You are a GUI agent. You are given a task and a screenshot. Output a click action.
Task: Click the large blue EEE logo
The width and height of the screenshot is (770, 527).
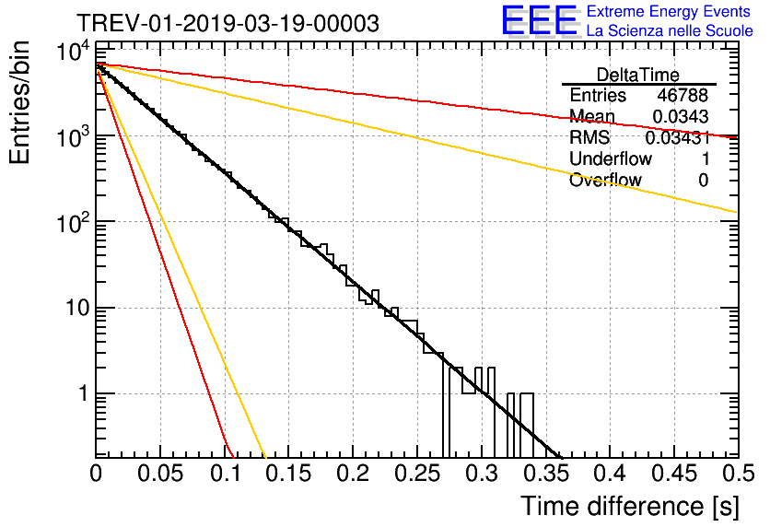pos(539,20)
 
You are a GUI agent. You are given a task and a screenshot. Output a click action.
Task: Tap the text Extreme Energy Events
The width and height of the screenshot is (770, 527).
pos(668,12)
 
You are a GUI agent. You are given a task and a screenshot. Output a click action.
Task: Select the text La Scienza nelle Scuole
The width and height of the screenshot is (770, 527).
pos(670,30)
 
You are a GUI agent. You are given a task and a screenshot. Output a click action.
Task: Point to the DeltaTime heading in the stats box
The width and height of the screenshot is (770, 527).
pos(638,75)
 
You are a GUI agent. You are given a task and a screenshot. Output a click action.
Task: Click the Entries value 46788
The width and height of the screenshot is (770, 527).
pos(682,95)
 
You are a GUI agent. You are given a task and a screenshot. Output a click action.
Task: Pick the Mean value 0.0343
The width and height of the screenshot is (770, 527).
pos(681,116)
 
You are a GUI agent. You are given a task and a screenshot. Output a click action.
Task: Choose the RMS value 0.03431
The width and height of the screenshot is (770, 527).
pos(677,137)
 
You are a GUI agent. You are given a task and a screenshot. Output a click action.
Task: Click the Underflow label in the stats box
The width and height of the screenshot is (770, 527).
pos(611,158)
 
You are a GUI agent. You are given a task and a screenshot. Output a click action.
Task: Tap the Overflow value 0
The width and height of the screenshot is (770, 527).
pos(703,180)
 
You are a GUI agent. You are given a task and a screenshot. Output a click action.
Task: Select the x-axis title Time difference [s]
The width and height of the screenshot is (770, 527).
pos(629,506)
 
